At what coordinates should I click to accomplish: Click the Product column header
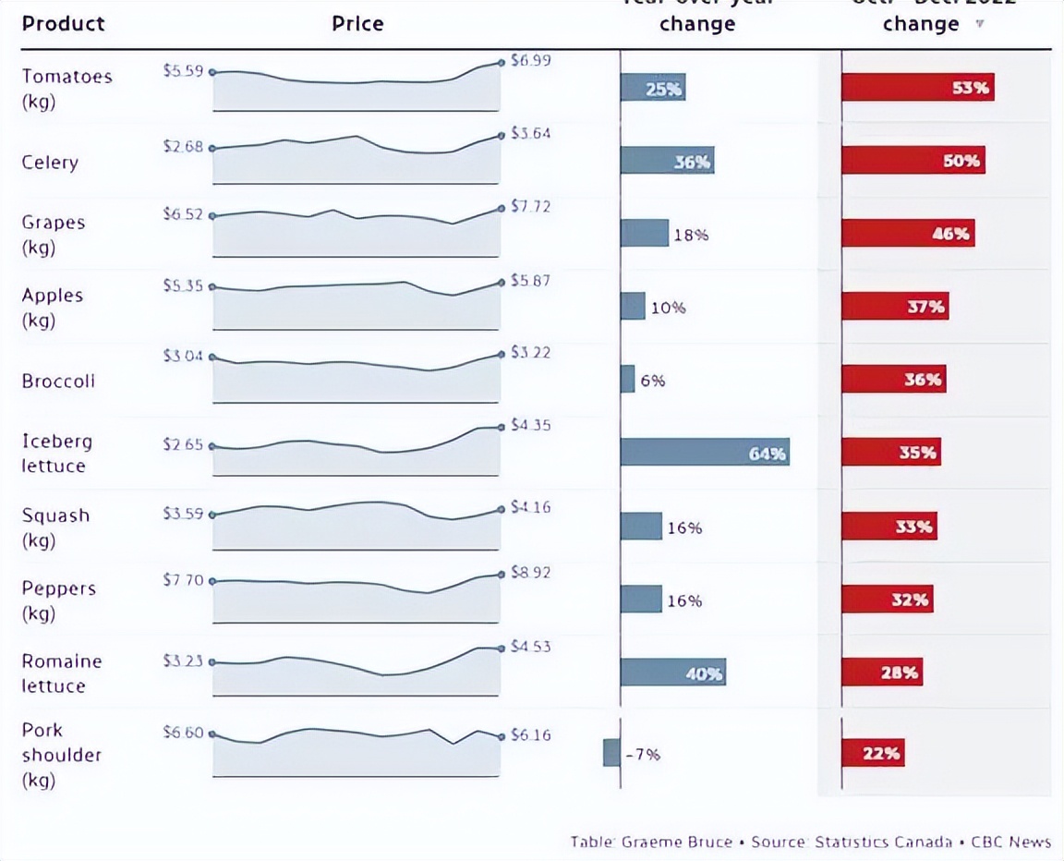coord(63,23)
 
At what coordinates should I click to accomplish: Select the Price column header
coord(357,23)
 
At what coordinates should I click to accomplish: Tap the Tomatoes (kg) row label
coord(66,88)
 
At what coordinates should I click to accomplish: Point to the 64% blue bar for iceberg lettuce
coord(704,452)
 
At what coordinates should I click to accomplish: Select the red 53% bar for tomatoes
coord(917,88)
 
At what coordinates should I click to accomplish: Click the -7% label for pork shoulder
coord(643,754)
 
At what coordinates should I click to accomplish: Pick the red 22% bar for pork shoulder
coord(873,753)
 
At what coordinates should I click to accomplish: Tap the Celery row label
coord(50,163)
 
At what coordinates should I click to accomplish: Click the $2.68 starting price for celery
coord(183,146)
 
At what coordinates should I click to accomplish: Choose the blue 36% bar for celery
coord(667,162)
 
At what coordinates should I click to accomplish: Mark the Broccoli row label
coord(58,381)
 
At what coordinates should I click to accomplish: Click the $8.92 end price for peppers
coord(530,573)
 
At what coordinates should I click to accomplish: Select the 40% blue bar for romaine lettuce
coord(672,673)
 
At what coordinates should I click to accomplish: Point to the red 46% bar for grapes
coord(907,233)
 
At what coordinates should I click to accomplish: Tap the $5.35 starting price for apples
coord(183,285)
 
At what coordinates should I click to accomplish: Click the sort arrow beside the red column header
coord(979,23)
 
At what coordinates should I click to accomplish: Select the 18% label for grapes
coord(690,235)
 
